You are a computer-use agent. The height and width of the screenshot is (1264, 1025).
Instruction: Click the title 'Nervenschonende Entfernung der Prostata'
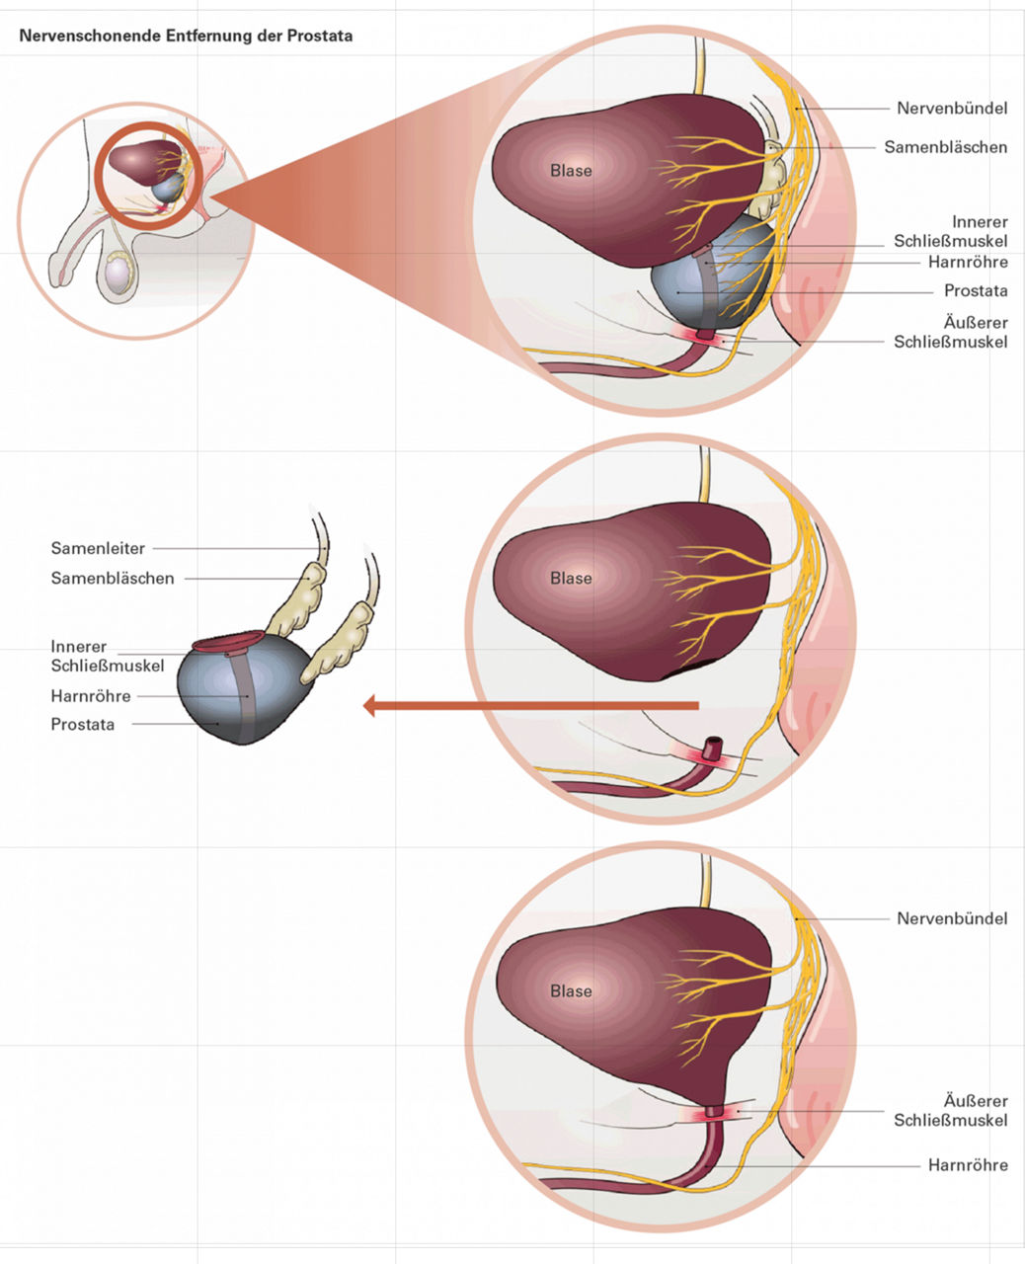pyautogui.click(x=186, y=37)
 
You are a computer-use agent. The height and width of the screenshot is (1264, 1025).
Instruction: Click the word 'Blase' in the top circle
pyautogui.click(x=571, y=170)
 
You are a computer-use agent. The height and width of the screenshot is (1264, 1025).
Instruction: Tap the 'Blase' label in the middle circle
pyautogui.click(x=571, y=578)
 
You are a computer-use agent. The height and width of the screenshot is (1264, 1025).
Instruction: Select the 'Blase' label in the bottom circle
pyautogui.click(x=571, y=990)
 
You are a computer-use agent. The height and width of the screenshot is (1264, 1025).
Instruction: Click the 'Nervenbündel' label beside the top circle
pyautogui.click(x=952, y=108)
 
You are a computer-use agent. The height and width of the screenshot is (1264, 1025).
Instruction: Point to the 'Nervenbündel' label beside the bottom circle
pyautogui.click(x=952, y=918)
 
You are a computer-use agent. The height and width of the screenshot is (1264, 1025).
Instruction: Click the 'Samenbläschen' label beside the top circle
pyautogui.click(x=945, y=147)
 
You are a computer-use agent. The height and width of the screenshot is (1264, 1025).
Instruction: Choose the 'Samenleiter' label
pyautogui.click(x=98, y=548)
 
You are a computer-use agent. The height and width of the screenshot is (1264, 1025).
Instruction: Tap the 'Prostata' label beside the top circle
pyautogui.click(x=976, y=290)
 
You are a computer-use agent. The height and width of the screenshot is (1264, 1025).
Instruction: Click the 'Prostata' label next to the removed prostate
pyautogui.click(x=83, y=724)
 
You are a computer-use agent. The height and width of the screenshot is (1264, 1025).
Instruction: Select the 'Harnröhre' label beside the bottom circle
pyautogui.click(x=968, y=1165)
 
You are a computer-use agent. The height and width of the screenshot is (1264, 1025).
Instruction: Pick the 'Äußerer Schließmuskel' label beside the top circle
pyautogui.click(x=951, y=332)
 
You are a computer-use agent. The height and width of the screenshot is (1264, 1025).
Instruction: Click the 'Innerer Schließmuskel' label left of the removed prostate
pyautogui.click(x=107, y=656)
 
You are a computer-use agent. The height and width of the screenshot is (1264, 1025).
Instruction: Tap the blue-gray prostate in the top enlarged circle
pyautogui.click(x=691, y=286)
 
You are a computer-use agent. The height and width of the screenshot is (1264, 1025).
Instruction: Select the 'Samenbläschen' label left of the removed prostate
pyautogui.click(x=113, y=578)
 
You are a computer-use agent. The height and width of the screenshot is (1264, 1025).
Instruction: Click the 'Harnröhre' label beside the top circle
pyautogui.click(x=968, y=262)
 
